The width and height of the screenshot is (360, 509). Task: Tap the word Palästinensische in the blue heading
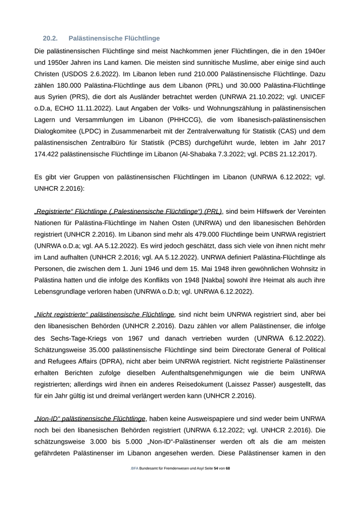point(95,38)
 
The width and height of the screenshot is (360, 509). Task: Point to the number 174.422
point(50,154)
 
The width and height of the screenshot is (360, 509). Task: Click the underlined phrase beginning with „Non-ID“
point(90,419)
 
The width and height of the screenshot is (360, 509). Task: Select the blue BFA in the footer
point(135,468)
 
